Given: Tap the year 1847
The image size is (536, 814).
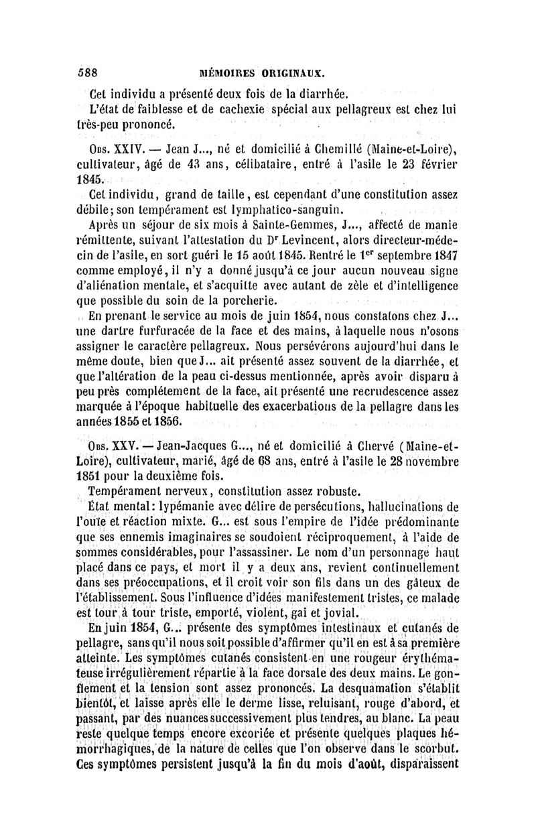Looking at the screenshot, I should tap(443, 255).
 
